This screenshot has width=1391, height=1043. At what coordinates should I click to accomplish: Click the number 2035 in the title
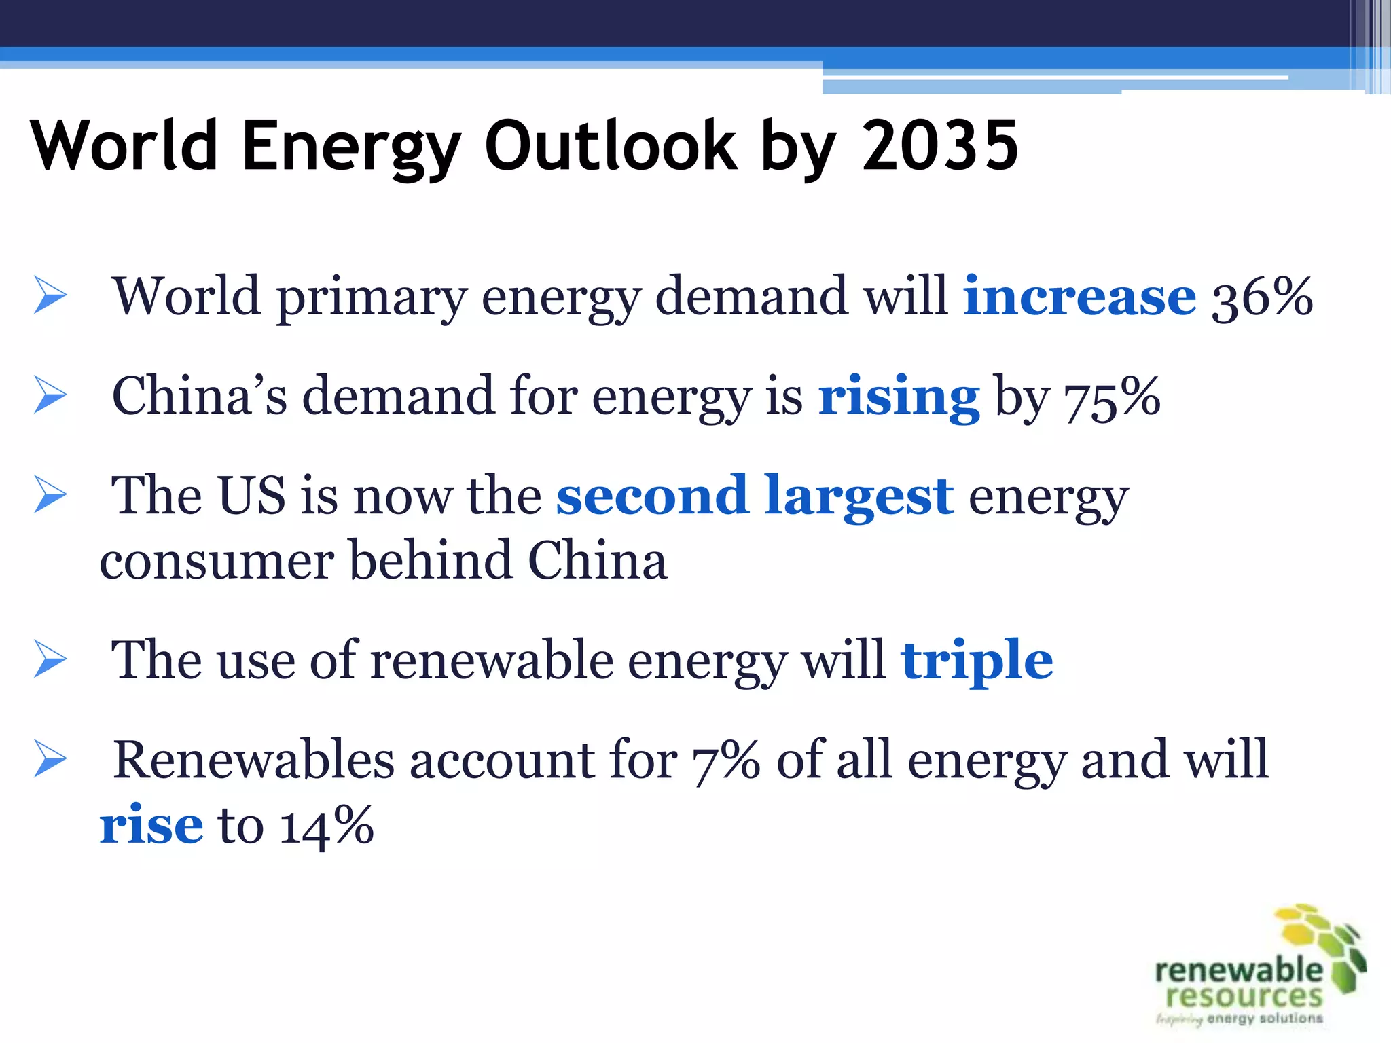point(940,145)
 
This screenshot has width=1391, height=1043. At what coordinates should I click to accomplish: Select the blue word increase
point(1079,296)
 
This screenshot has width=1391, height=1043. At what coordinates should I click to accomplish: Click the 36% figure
point(1262,297)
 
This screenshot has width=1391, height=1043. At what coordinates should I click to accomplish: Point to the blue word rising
point(899,397)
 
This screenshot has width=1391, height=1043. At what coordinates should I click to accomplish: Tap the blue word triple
point(977,660)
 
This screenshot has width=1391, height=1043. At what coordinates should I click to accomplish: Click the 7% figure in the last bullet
point(725,761)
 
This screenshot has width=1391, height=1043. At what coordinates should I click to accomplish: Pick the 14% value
point(327,826)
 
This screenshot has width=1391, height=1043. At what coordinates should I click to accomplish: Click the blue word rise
point(151,826)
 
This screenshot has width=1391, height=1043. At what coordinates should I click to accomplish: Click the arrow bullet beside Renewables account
point(50,760)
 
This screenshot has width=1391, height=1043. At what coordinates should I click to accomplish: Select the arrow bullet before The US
point(50,495)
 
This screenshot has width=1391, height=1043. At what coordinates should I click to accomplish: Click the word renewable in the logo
point(1238,970)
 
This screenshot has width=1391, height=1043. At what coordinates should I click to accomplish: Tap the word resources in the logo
point(1244,996)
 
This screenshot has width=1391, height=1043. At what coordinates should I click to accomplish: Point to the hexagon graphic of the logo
point(1324,944)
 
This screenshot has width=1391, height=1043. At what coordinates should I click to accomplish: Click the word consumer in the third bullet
point(216,562)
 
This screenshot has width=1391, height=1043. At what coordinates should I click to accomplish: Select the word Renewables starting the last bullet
point(253,760)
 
